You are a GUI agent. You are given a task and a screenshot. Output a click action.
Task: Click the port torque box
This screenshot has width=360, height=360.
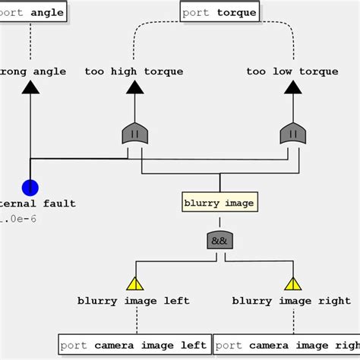pyautogui.click(x=219, y=12)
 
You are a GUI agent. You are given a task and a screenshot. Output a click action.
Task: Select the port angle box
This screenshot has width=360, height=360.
pyautogui.click(x=33, y=12)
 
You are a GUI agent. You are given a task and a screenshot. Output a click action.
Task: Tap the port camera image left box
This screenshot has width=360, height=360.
pyautogui.click(x=134, y=345)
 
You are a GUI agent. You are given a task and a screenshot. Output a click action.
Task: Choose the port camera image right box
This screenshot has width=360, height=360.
pyautogui.click(x=287, y=345)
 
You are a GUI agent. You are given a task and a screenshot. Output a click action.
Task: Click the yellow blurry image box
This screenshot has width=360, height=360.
pyautogui.click(x=219, y=203)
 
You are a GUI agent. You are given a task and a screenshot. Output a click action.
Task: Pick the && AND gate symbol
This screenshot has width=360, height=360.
pyautogui.click(x=219, y=241)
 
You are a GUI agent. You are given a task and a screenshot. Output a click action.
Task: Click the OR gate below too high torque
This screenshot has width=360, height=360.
pyautogui.click(x=134, y=134)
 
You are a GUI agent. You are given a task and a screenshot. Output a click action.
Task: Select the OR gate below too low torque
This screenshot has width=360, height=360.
pyautogui.click(x=292, y=134)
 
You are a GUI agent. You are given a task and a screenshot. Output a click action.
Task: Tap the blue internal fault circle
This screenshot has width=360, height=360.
pyautogui.click(x=30, y=187)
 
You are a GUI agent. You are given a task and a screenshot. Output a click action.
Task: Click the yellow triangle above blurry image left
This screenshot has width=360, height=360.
pyautogui.click(x=134, y=284)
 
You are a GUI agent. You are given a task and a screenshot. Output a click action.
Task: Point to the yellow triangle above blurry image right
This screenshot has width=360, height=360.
pyautogui.click(x=292, y=284)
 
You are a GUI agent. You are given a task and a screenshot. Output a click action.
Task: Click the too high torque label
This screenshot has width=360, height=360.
pyautogui.click(x=134, y=71)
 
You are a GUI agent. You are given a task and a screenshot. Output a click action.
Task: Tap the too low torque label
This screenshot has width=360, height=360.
pyautogui.click(x=292, y=71)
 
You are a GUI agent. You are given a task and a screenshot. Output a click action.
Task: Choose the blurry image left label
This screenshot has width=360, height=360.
pyautogui.click(x=134, y=301)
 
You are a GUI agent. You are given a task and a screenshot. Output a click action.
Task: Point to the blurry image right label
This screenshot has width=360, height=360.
pyautogui.click(x=292, y=301)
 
